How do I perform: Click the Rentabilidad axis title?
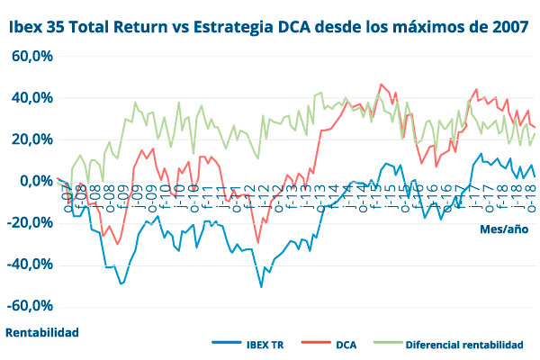pos(42,332)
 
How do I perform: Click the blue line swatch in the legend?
pos(226,344)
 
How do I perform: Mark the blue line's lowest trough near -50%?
pos(261,286)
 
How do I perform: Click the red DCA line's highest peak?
pos(382,85)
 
